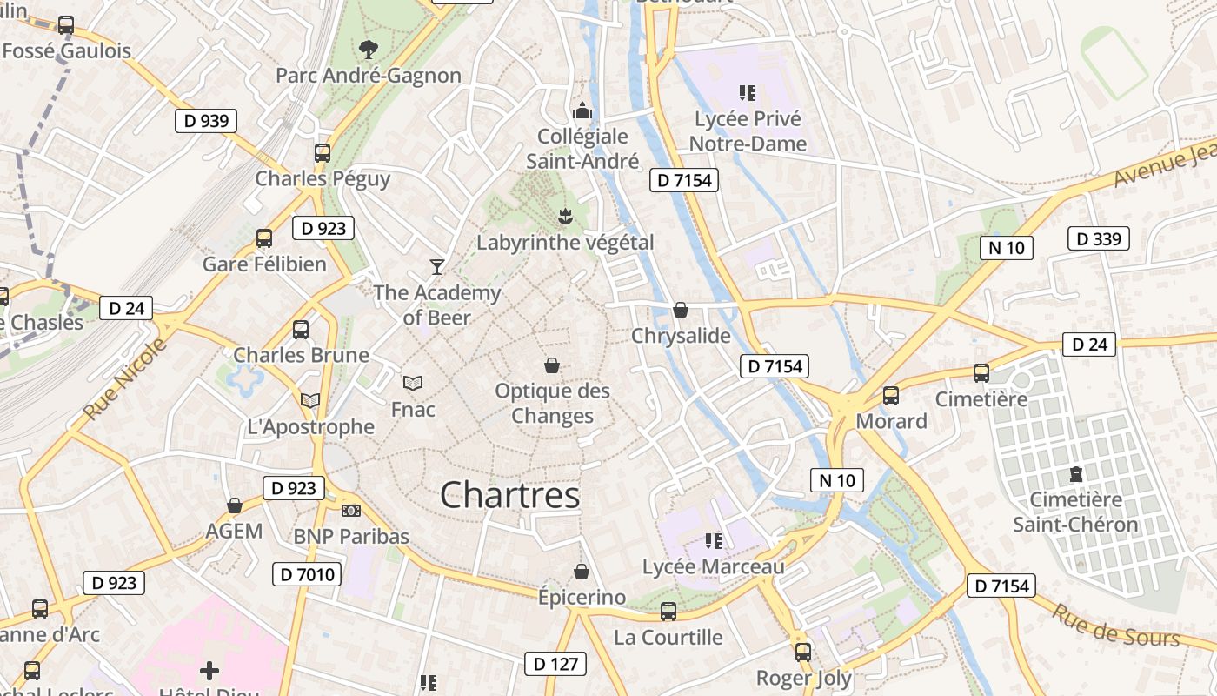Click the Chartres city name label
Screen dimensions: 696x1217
[509, 495]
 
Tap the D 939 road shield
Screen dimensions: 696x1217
[206, 121]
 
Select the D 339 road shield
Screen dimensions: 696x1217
[1098, 238]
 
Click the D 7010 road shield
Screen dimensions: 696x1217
[307, 574]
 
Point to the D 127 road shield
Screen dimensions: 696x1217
[555, 664]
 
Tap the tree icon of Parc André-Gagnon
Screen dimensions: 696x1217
[369, 49]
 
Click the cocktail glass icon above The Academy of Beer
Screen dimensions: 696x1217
[437, 266]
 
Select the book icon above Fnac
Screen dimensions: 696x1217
[413, 383]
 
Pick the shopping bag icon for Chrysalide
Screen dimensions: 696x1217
[681, 310]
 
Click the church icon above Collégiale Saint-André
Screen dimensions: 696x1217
[582, 110]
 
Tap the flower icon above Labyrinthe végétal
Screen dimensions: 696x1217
[566, 216]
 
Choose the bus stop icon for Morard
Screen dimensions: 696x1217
[891, 396]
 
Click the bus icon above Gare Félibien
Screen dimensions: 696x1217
[264, 238]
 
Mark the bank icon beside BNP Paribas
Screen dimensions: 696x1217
[351, 511]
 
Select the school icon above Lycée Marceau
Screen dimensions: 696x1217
[714, 541]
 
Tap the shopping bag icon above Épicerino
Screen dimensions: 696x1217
[582, 572]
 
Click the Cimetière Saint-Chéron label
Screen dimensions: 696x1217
[1075, 512]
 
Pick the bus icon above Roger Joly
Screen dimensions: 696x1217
[803, 652]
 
